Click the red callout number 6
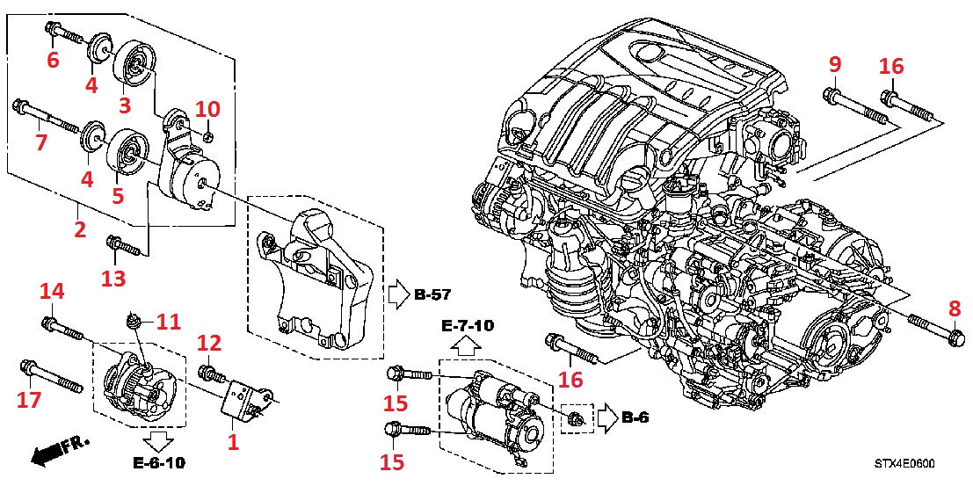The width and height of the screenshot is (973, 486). click(x=53, y=60)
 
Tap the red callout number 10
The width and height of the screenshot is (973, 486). click(x=207, y=110)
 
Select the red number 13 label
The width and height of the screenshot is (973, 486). click(x=113, y=279)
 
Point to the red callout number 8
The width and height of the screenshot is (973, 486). click(x=954, y=309)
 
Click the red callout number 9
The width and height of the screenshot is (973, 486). click(x=834, y=64)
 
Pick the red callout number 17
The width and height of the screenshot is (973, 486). click(x=29, y=401)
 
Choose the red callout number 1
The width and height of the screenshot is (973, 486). click(x=233, y=442)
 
